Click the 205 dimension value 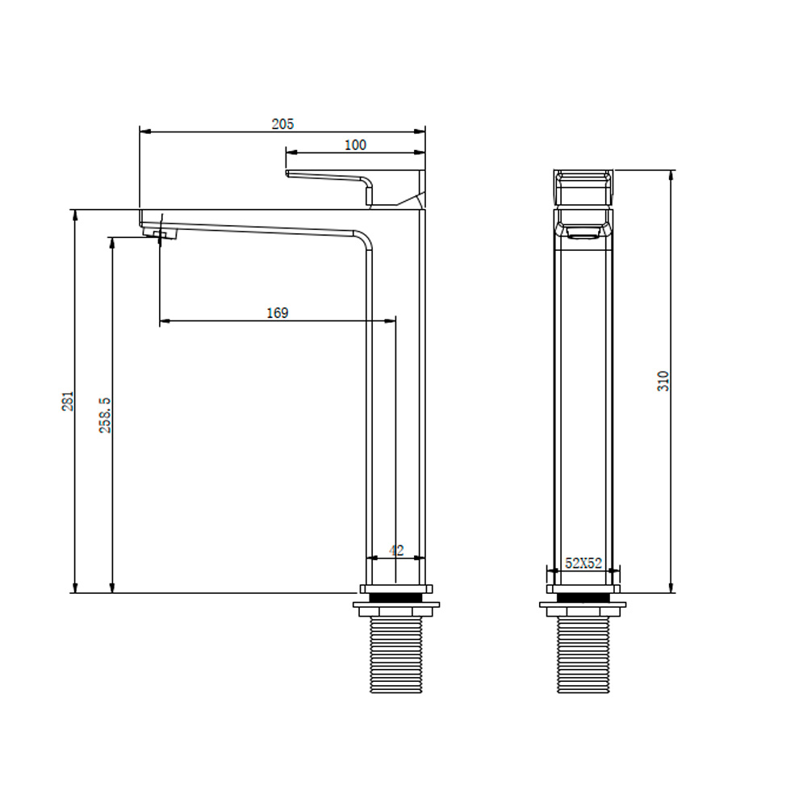(282, 124)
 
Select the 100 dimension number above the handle (355, 145)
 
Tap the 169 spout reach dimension (278, 313)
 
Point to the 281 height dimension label (68, 401)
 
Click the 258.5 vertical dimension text (105, 415)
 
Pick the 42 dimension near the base (396, 550)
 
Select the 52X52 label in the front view (583, 563)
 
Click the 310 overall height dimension (663, 381)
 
